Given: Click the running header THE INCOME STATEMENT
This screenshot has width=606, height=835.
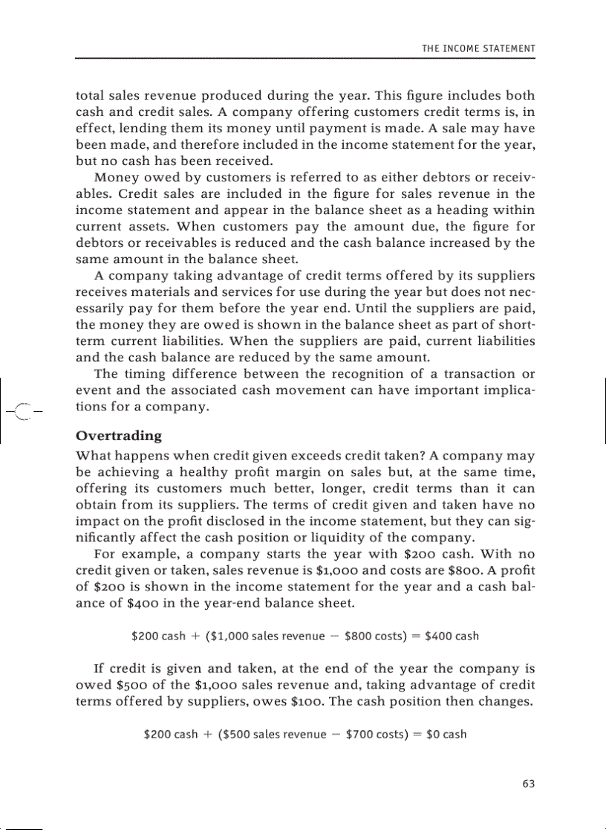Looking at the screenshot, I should tap(478, 48).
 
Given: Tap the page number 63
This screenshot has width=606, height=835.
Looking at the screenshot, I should tap(528, 784).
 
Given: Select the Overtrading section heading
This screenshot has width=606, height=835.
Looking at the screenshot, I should tap(119, 435).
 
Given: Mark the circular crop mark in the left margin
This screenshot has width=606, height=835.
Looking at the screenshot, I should tap(24, 410).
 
